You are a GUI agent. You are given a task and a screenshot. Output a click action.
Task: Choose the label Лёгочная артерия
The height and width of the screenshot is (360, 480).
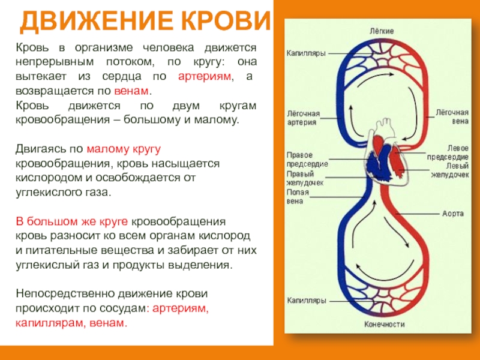coord(302,118)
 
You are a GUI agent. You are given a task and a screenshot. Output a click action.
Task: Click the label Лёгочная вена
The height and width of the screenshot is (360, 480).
coord(451,116)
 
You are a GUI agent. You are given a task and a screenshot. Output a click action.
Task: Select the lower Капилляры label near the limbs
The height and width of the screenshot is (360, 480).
coord(305,299)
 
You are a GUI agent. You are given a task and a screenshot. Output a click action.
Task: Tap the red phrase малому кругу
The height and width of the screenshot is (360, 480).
coord(124,149)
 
